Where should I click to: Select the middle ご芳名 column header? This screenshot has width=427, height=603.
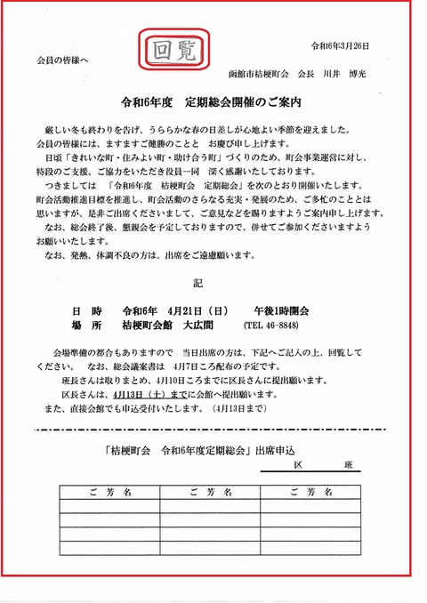211,491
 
